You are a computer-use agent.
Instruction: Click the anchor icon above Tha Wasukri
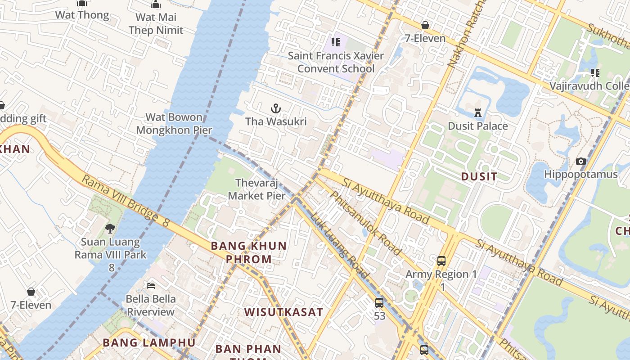(275, 108)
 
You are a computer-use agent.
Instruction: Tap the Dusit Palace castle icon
(478, 112)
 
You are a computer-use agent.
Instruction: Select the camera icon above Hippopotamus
(581, 161)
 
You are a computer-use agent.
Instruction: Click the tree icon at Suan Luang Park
(110, 229)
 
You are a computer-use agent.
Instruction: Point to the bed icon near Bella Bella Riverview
(151, 286)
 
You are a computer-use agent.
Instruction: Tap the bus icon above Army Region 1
(441, 261)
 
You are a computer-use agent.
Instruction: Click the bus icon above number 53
(379, 303)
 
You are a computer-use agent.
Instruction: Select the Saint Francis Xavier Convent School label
(336, 62)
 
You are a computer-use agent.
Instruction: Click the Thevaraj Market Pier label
(257, 189)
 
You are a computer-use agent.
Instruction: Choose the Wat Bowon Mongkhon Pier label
(174, 124)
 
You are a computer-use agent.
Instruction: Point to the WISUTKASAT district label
(283, 312)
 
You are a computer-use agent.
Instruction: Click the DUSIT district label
(479, 176)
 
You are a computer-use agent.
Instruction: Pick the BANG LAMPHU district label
(149, 342)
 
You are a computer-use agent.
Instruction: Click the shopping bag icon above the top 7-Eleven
(425, 25)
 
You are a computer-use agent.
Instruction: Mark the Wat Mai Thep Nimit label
(156, 24)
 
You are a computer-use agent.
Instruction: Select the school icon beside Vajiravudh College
(595, 72)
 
